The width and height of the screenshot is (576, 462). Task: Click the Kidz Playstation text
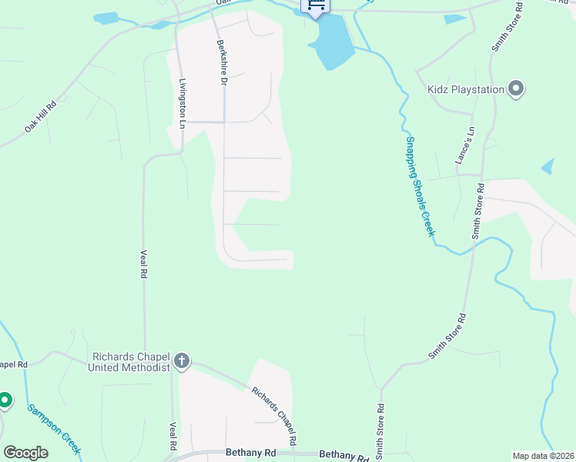click(466, 90)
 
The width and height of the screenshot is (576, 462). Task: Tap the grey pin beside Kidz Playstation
click(516, 89)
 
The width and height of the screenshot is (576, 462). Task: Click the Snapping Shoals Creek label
click(420, 186)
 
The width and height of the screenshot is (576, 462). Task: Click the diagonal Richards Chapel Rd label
click(275, 416)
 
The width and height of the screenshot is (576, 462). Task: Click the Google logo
click(25, 453)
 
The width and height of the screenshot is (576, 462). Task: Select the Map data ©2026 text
click(543, 456)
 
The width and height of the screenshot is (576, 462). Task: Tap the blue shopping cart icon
click(316, 4)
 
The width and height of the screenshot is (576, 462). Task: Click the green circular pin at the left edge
click(5, 400)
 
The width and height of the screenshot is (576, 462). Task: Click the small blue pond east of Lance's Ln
click(548, 166)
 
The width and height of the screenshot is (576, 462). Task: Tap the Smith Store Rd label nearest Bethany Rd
click(380, 431)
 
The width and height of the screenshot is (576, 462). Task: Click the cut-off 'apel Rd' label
click(14, 364)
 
